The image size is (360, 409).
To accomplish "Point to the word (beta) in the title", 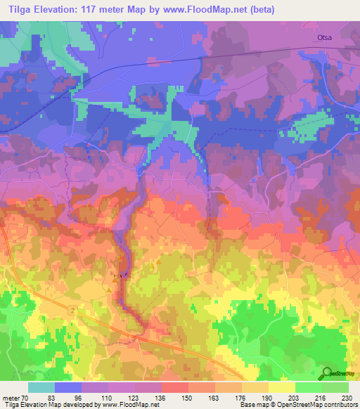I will [259, 10].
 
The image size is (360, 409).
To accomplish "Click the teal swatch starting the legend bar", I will [41, 387].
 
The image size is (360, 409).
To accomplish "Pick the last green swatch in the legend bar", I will [335, 387].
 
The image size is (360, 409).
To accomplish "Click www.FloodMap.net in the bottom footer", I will [140, 404].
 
